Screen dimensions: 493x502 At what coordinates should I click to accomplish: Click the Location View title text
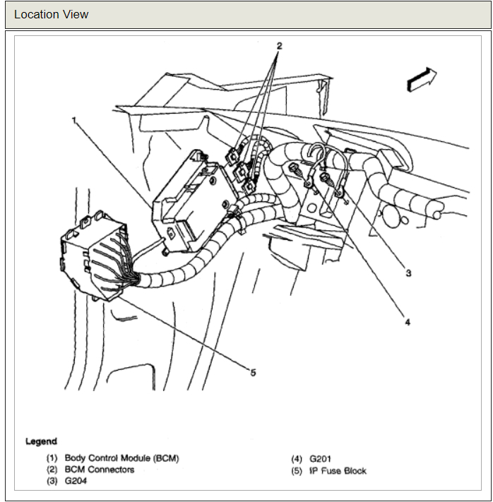pyautogui.click(x=52, y=14)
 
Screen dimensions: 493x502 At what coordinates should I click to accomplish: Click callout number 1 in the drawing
pyautogui.click(x=74, y=120)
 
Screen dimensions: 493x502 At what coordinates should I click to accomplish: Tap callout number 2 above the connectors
pyautogui.click(x=279, y=46)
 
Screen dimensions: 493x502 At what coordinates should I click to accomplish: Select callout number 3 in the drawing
pyautogui.click(x=408, y=273)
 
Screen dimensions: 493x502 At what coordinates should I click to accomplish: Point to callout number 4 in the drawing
pyautogui.click(x=407, y=322)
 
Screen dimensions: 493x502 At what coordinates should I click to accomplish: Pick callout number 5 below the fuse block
pyautogui.click(x=253, y=373)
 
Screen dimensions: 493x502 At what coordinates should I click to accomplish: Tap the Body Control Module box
pyautogui.click(x=187, y=201)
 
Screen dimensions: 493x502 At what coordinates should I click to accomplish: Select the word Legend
pyautogui.click(x=41, y=442)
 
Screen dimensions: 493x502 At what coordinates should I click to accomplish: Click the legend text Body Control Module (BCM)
pyautogui.click(x=121, y=458)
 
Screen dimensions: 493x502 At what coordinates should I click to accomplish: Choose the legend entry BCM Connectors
pyautogui.click(x=99, y=470)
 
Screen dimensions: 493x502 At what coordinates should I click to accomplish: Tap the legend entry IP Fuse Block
pyautogui.click(x=338, y=470)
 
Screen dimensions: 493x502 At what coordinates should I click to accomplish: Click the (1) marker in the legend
pyautogui.click(x=52, y=458)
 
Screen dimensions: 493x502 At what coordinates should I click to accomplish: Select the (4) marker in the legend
pyautogui.click(x=297, y=458)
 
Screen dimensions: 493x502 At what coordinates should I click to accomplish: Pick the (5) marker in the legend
pyautogui.click(x=297, y=470)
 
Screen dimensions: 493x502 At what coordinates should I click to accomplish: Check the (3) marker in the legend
pyautogui.click(x=52, y=482)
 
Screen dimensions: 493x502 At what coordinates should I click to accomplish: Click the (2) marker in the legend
pyautogui.click(x=52, y=470)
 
